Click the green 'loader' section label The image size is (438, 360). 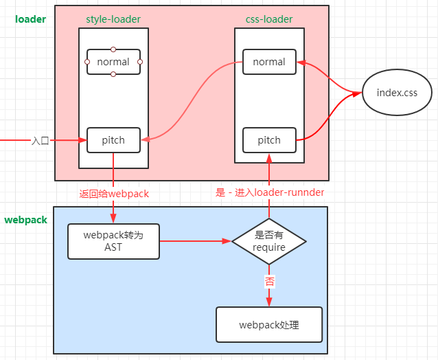tap(30, 19)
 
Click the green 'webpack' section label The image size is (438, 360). tap(26, 220)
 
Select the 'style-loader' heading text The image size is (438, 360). tap(113, 19)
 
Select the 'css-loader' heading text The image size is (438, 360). tap(269, 19)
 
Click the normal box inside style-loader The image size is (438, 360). tap(113, 62)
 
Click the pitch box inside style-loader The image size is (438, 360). tap(113, 140)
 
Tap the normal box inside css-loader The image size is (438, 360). tap(269, 62)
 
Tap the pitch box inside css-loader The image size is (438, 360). tap(269, 140)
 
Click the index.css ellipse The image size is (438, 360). tap(396, 92)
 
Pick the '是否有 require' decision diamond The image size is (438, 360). tap(269, 241)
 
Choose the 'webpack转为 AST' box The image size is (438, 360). tap(113, 241)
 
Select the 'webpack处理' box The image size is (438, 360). tap(269, 325)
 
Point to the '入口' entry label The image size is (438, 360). tap(41, 140)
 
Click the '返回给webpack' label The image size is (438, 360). tap(114, 194)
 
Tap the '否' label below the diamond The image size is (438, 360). tap(269, 281)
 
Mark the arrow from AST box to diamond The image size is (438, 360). tap(196, 241)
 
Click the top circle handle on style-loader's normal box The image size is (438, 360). tap(113, 49)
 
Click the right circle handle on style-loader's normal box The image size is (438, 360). tap(140, 62)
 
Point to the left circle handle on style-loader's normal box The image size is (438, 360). tap(87, 62)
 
